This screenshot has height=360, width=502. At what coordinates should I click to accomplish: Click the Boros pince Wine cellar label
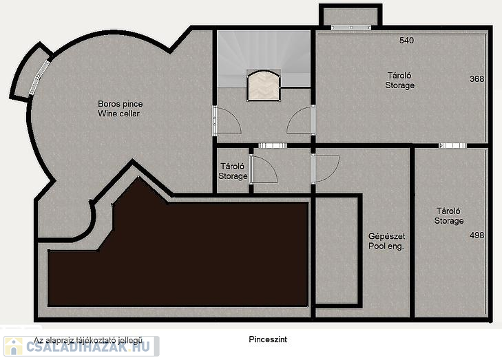pos(120,109)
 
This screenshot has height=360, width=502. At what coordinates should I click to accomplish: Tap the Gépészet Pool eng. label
pos(386,241)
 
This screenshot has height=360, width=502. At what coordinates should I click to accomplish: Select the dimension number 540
pos(406,41)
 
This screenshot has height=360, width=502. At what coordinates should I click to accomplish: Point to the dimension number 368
pos(477,78)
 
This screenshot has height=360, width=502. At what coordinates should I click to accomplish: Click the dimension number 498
pos(477,235)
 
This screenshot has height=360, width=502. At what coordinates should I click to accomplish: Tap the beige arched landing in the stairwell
pos(264,86)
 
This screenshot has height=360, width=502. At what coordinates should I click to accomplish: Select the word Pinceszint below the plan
pos(268,339)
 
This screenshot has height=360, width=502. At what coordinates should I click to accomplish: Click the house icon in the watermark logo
pos(14,346)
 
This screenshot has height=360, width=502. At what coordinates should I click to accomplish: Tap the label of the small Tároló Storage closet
pos(233,171)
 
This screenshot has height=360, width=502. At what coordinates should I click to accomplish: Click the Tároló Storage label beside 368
pos(399,81)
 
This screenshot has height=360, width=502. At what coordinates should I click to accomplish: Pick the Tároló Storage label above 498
pos(448,215)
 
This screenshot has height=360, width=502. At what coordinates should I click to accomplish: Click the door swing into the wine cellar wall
pos(227,120)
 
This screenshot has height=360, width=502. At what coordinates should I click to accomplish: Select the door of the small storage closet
pos(262,169)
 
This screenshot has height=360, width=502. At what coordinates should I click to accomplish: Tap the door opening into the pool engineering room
pos(324,169)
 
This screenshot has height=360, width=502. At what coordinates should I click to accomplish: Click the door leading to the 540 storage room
pos(301,120)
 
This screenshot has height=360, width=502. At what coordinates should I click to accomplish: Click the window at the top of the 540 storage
pos(351,28)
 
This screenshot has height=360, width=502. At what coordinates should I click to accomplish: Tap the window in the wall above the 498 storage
pos(452,146)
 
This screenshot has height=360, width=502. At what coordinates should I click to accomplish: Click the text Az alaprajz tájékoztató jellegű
pos(88,340)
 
